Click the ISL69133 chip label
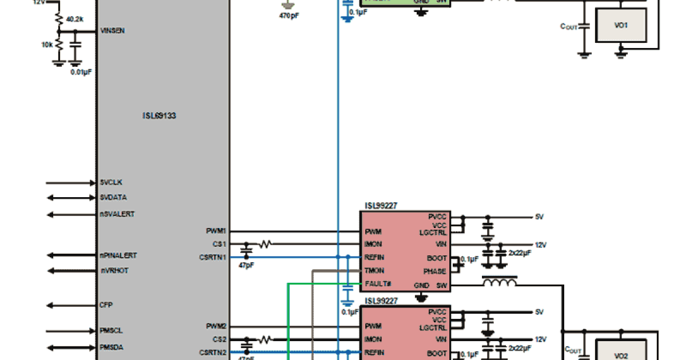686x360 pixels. pyautogui.click(x=159, y=115)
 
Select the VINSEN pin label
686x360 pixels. pyautogui.click(x=113, y=30)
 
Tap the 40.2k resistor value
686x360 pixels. pyautogui.click(x=74, y=19)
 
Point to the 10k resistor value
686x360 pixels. pyautogui.click(x=47, y=45)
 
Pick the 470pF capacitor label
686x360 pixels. pyautogui.click(x=289, y=16)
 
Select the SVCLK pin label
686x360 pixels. pyautogui.click(x=111, y=182)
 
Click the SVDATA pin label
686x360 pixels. pyautogui.click(x=113, y=198)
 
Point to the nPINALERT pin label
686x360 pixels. pyautogui.click(x=118, y=255)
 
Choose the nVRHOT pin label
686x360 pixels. pyautogui.click(x=114, y=270)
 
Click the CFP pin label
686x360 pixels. pyautogui.click(x=106, y=305)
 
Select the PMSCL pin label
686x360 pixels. pyautogui.click(x=111, y=331)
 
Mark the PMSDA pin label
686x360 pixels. pyautogui.click(x=111, y=347)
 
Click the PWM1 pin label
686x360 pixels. pyautogui.click(x=216, y=231)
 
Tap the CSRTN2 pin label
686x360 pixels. pyautogui.click(x=213, y=352)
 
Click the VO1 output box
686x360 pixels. pyautogui.click(x=621, y=25)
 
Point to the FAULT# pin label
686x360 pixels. pyautogui.click(x=377, y=284)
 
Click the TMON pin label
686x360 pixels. pyautogui.click(x=374, y=271)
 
